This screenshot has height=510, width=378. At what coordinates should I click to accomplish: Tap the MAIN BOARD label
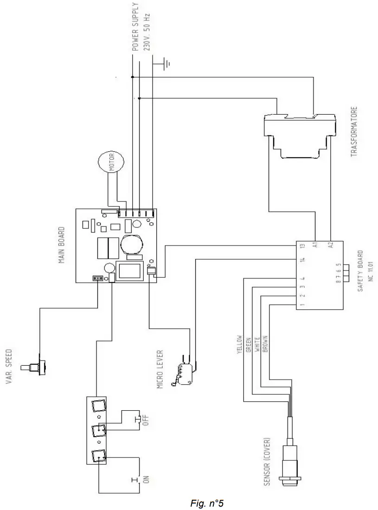pyautogui.click(x=61, y=245)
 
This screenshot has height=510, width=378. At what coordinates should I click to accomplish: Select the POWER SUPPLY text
pyautogui.click(x=135, y=26)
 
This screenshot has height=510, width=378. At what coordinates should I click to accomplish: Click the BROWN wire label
pyautogui.click(x=264, y=344)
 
